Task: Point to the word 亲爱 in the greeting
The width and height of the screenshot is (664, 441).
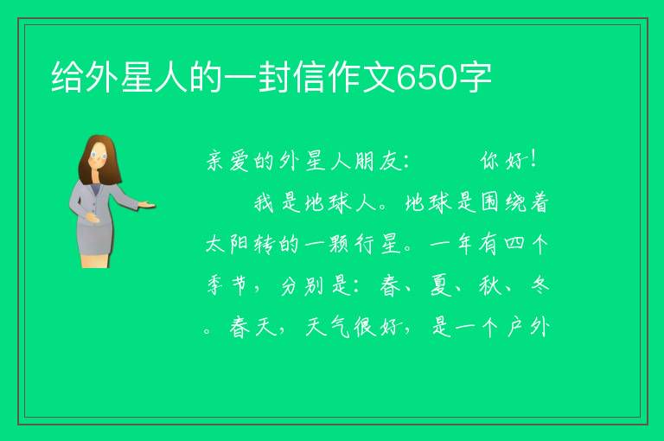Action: tap(228, 161)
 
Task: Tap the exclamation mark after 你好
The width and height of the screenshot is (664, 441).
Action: tap(533, 159)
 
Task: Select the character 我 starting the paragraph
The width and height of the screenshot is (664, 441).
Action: tap(264, 202)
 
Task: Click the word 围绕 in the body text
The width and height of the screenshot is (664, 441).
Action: tap(502, 202)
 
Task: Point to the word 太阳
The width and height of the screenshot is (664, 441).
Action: tap(227, 244)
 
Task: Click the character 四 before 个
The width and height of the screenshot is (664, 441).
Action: tap(514, 244)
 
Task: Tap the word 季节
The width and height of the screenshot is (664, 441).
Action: tap(227, 285)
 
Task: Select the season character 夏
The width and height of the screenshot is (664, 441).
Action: tap(440, 285)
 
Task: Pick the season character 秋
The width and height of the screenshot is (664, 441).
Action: tap(490, 285)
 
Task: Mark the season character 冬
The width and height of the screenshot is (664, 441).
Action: tap(539, 284)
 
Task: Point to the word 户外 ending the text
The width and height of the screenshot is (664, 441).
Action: tap(528, 327)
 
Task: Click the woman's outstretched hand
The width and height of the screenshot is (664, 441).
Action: tap(147, 205)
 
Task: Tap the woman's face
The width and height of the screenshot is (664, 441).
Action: tap(99, 156)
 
